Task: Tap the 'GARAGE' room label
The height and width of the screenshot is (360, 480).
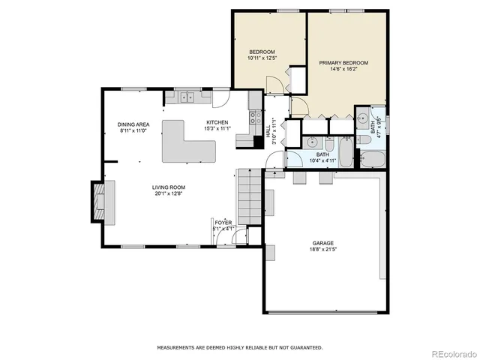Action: point(323,243)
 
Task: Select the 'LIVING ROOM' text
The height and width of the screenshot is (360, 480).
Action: point(169,187)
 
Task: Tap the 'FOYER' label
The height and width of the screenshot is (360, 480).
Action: point(223,223)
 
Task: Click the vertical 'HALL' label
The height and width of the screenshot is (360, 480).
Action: point(268,130)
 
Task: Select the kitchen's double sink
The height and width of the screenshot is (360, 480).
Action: point(185,96)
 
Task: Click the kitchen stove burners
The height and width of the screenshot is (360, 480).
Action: point(254,117)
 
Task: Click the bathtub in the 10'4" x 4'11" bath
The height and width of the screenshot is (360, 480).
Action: point(346,152)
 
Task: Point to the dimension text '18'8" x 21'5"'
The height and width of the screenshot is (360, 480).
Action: point(323,250)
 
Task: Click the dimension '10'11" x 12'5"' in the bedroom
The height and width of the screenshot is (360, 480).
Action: point(262,58)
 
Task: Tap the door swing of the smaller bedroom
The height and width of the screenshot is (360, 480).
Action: point(276,79)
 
